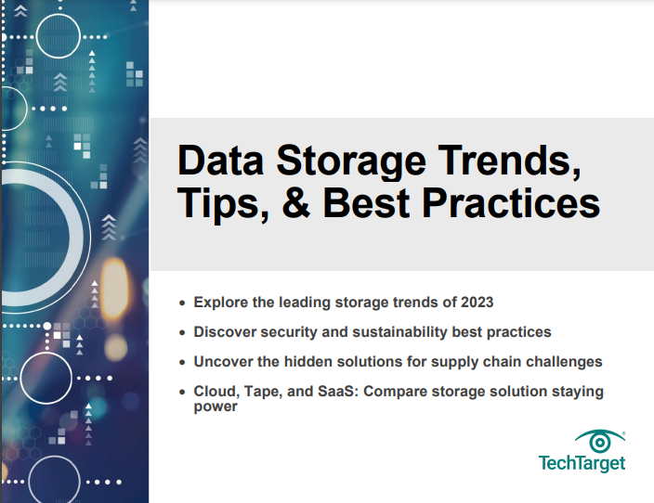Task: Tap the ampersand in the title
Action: (x=296, y=203)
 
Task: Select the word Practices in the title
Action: (x=511, y=203)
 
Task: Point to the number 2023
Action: (x=477, y=303)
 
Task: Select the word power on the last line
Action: (x=216, y=407)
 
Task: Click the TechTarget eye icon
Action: (x=600, y=442)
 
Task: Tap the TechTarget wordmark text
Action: (x=582, y=463)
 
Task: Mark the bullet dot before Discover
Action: (x=182, y=332)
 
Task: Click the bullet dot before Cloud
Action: (x=182, y=393)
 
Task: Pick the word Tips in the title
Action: (x=223, y=204)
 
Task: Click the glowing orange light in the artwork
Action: (x=114, y=289)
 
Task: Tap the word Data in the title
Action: (x=221, y=160)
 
